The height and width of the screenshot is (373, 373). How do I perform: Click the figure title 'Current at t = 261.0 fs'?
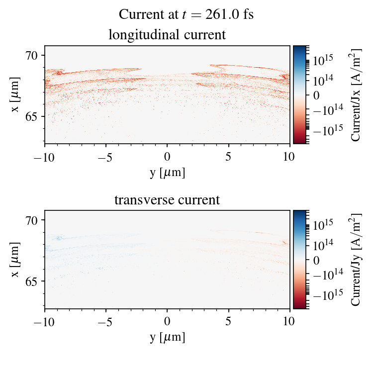[186, 14]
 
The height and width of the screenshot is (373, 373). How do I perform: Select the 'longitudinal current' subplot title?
[167, 35]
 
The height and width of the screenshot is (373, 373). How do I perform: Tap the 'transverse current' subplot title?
[167, 200]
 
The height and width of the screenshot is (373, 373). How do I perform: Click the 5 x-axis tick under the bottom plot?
[229, 321]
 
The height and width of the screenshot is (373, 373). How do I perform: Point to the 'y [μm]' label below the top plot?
[168, 172]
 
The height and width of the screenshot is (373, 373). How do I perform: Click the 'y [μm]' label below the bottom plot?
[168, 337]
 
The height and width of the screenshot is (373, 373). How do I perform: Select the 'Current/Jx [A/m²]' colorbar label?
[356, 94]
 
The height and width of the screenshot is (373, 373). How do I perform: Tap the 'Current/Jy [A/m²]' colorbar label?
[356, 259]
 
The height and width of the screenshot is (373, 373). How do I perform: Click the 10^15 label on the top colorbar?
[323, 60]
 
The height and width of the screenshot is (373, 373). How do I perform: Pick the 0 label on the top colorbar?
[315, 94]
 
